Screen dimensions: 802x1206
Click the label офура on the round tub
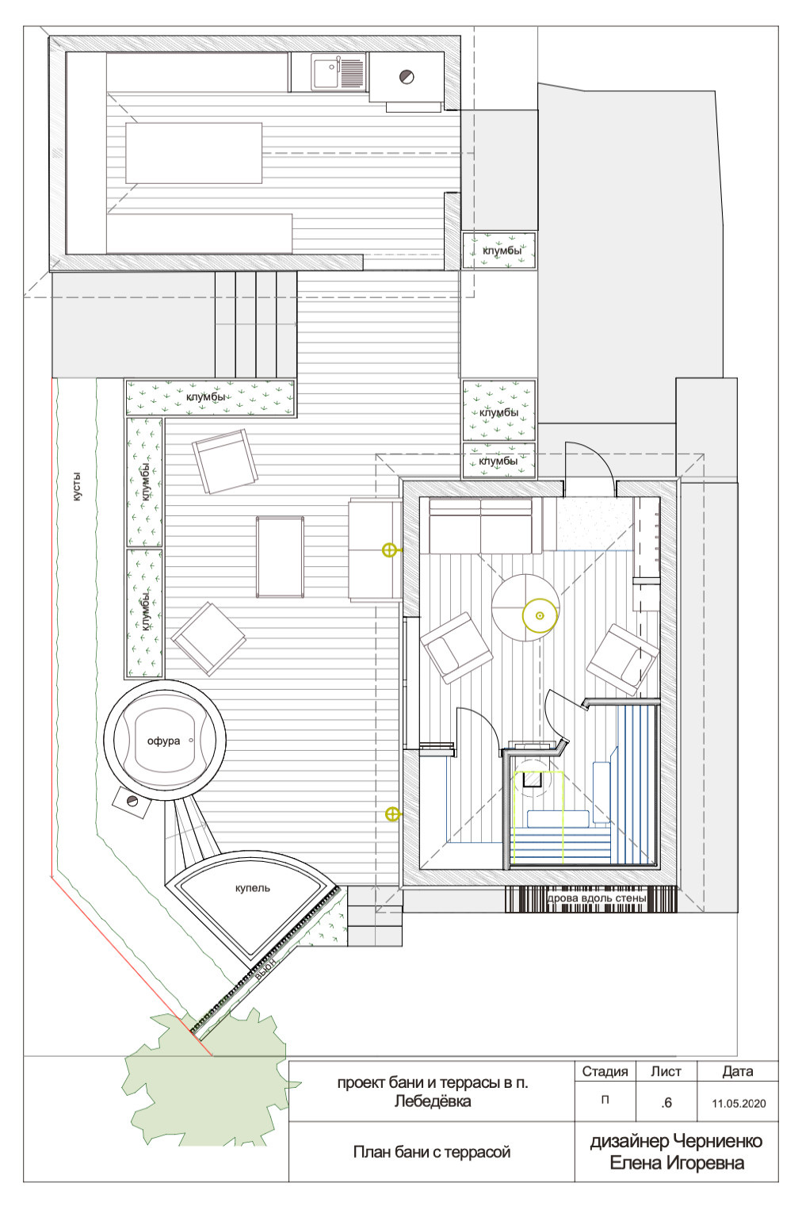(163, 741)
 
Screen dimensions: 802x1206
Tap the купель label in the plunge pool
(253, 888)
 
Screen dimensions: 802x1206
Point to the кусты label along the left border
(77, 487)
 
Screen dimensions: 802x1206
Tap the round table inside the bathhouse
(525, 607)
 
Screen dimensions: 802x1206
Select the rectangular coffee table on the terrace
(280, 557)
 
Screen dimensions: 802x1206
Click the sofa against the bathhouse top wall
(481, 526)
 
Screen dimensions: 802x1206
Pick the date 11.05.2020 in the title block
(739, 1103)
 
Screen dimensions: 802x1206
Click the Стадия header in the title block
(605, 1071)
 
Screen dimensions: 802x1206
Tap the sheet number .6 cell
(666, 1103)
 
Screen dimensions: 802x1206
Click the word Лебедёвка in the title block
(433, 1101)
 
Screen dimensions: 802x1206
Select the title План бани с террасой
(432, 1151)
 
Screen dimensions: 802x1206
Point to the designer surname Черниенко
(718, 1141)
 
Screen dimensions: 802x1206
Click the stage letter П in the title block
(605, 1100)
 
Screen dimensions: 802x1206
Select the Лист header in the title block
(666, 1071)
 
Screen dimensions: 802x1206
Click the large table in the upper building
(194, 153)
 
